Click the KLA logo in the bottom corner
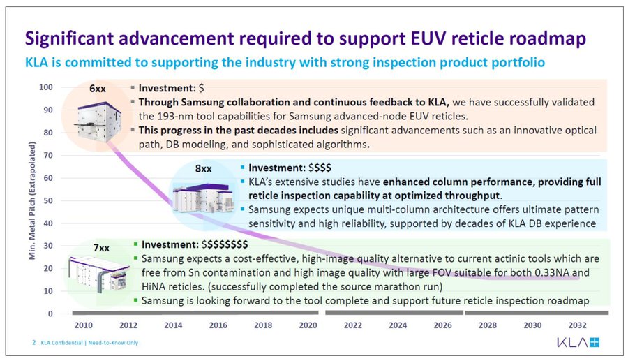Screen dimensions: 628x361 (578, 342)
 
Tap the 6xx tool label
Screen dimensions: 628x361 (97, 89)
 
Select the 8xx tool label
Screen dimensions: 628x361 (204, 169)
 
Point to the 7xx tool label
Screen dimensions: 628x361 (101, 248)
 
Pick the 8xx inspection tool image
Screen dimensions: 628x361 (204, 199)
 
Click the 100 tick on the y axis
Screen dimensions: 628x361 (45, 87)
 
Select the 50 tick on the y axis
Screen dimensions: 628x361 (48, 200)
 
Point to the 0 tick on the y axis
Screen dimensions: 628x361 (50, 314)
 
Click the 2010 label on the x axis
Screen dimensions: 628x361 (83, 325)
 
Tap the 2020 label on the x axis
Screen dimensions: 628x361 (308, 325)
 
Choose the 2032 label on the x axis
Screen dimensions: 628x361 (578, 325)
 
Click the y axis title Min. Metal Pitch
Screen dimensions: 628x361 (32, 200)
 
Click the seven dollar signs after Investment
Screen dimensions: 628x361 (225, 244)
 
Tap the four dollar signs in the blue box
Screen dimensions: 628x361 (320, 168)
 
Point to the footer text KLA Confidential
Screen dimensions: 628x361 (61, 343)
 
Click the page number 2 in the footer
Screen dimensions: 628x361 (34, 343)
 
